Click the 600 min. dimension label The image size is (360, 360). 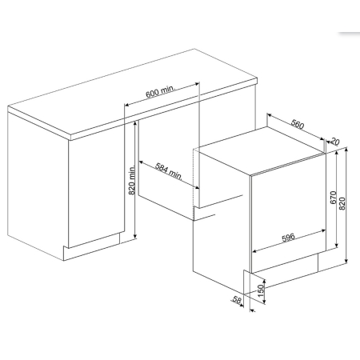click(161, 91)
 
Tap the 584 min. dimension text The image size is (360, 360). click(169, 170)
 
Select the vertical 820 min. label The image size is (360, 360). click(132, 180)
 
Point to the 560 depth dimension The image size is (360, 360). click(298, 124)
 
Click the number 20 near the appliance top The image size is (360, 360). click(334, 142)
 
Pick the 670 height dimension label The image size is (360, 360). click(334, 198)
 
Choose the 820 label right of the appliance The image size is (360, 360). click(342, 203)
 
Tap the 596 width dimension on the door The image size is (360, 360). click(288, 237)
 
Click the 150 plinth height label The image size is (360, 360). click(261, 291)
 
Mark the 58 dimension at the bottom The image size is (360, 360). click(237, 299)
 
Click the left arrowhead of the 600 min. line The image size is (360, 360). click(127, 105)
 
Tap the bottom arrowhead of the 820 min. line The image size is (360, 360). click(135, 236)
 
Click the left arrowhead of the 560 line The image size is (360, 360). click(270, 115)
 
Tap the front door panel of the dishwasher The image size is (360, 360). click(289, 214)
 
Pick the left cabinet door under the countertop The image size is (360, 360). click(97, 192)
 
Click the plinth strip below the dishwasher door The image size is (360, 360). click(285, 263)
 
